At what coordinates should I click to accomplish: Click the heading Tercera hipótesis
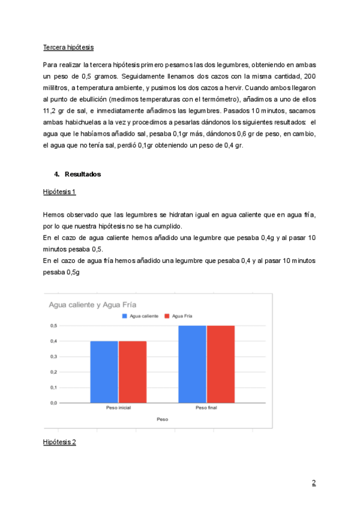[68, 47]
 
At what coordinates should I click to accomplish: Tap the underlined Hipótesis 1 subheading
[59, 192]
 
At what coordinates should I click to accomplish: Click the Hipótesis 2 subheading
[59, 442]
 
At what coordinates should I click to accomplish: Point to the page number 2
[313, 483]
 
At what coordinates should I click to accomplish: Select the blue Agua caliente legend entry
[142, 316]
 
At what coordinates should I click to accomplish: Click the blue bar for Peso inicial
[104, 372]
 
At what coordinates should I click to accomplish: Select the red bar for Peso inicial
[133, 372]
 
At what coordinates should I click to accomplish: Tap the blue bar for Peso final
[192, 364]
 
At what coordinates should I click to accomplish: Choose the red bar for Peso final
[220, 364]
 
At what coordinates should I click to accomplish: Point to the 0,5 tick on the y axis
[53, 325]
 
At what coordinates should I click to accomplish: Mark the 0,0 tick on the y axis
[53, 403]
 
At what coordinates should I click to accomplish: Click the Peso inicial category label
[118, 408]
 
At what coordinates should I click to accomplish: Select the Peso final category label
[206, 408]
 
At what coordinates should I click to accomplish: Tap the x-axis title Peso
[162, 418]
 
